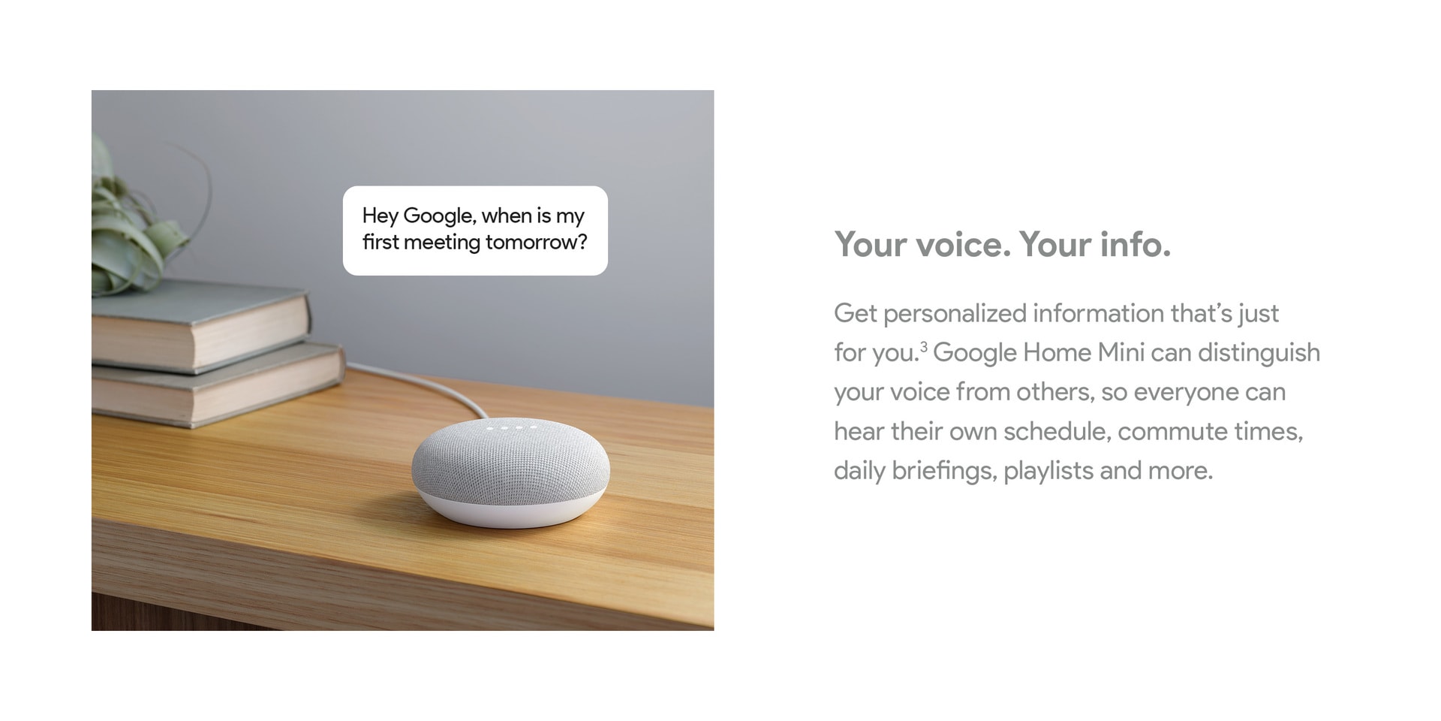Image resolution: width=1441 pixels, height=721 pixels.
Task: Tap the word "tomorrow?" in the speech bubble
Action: pyautogui.click(x=536, y=243)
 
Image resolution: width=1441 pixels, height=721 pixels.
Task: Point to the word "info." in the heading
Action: pyautogui.click(x=1135, y=245)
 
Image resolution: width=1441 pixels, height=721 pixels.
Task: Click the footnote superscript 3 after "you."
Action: pyautogui.click(x=924, y=346)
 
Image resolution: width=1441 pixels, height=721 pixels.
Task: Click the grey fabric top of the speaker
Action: pyautogui.click(x=510, y=462)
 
